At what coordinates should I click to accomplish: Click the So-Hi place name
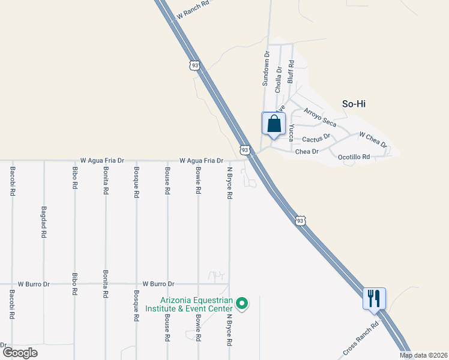[x=354, y=104]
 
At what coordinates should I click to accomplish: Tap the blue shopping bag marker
[x=273, y=124]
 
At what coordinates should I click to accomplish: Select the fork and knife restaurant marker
[x=374, y=298]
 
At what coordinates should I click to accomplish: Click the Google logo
[x=20, y=353]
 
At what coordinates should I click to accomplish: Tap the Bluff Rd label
[x=291, y=71]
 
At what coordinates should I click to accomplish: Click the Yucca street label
[x=291, y=132]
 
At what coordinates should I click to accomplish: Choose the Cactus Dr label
[x=316, y=139]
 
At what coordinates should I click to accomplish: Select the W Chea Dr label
[x=373, y=140]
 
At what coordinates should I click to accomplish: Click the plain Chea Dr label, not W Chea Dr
[x=306, y=152]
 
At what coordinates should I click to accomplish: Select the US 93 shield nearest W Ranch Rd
[x=193, y=65]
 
